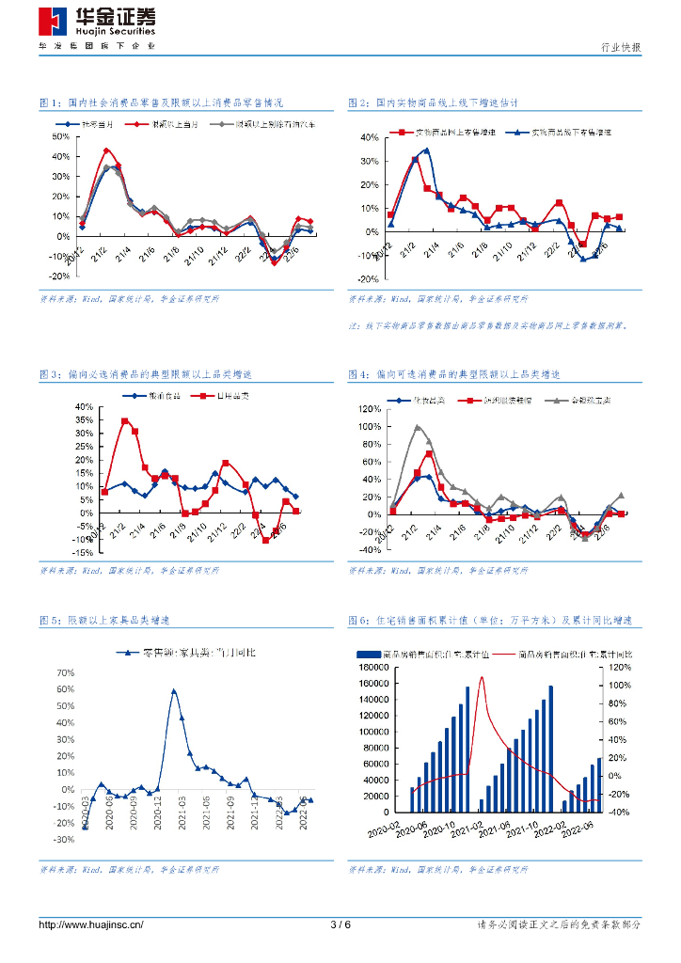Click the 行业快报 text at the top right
coord(621,47)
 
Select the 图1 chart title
coord(161,103)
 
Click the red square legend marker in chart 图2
coord(403,133)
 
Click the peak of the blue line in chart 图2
coord(426,150)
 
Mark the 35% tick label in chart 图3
coord(84,420)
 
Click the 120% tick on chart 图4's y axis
coord(368,409)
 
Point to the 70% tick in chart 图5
coord(65,673)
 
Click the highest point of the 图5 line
coord(174,690)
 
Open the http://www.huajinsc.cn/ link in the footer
coord(91,924)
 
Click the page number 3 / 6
coord(340,924)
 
